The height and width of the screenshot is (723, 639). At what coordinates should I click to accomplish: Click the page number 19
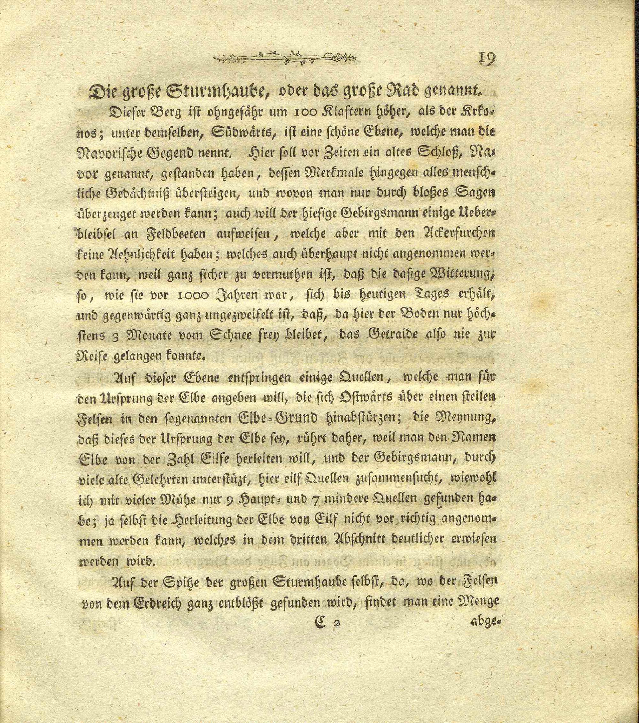coord(487,59)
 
